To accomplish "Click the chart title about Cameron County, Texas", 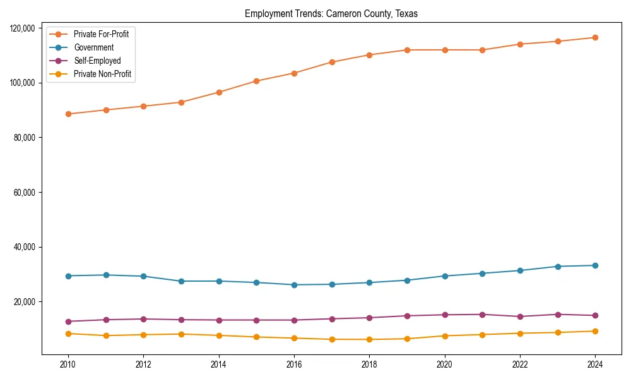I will pyautogui.click(x=331, y=13).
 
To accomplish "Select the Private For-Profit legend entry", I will pyautogui.click(x=101, y=34).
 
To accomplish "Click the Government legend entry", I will pyautogui.click(x=93, y=47).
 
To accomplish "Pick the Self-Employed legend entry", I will pyautogui.click(x=97, y=61).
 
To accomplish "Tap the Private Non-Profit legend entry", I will pyautogui.click(x=102, y=74).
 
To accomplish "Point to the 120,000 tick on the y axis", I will pyautogui.click(x=23, y=28).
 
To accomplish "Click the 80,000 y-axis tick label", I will pyautogui.click(x=25, y=138).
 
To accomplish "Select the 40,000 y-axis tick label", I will pyautogui.click(x=25, y=247).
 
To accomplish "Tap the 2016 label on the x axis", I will pyautogui.click(x=294, y=364).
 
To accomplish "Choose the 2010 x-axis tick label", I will pyautogui.click(x=68, y=364).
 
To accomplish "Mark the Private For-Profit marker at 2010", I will pyautogui.click(x=68, y=114).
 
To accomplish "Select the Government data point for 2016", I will pyautogui.click(x=294, y=285).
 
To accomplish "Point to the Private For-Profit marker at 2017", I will pyautogui.click(x=332, y=62).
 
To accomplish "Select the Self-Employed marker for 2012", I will pyautogui.click(x=143, y=319).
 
